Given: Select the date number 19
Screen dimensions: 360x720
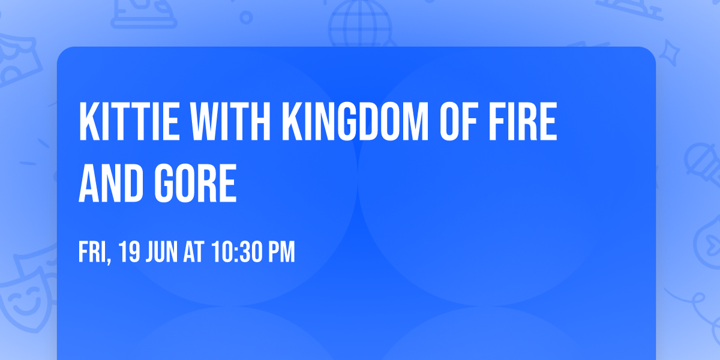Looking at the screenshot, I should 129,253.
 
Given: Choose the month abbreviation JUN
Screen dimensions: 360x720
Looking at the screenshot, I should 162,253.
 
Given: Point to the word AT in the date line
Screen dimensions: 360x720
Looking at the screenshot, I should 194,253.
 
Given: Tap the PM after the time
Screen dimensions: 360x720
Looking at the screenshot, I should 281,253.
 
